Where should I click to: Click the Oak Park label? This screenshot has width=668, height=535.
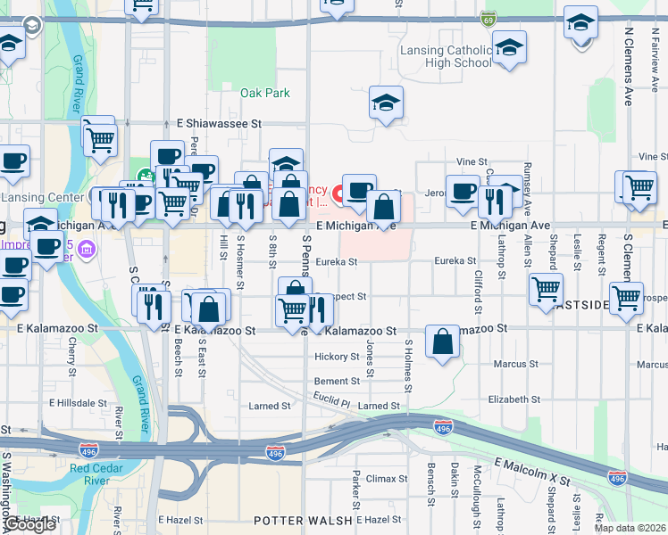(x=265, y=93)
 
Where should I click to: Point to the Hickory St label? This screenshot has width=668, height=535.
(x=337, y=357)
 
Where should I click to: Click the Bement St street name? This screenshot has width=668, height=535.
(x=337, y=381)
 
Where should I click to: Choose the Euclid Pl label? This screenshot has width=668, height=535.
(x=331, y=403)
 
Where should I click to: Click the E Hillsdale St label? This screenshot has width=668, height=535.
(x=78, y=403)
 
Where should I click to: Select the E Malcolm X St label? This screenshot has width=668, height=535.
(x=530, y=473)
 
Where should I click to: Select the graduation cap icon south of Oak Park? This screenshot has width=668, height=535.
(x=286, y=164)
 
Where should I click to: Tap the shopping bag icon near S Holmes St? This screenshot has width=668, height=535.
(x=443, y=342)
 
